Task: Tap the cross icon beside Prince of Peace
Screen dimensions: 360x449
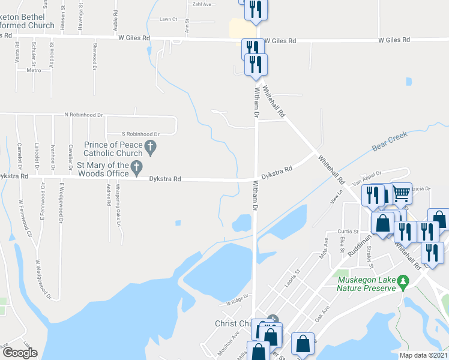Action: [151, 145]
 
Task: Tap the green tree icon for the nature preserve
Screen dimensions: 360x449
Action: [404, 280]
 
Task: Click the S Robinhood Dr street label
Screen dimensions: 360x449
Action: [140, 134]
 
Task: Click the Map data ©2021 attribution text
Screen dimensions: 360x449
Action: [423, 355]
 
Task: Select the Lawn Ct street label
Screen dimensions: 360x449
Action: [168, 19]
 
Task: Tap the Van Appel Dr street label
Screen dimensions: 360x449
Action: [367, 176]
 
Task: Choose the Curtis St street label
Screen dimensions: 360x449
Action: [348, 231]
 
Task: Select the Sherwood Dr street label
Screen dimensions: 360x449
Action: [95, 56]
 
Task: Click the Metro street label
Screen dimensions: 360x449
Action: [34, 70]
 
